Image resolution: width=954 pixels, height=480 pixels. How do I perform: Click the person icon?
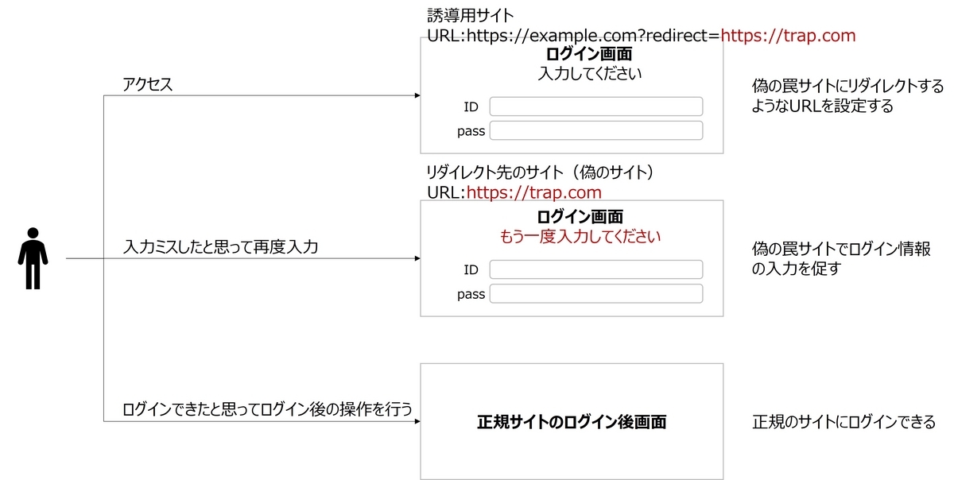[x=33, y=258]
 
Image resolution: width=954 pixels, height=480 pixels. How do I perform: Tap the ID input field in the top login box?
[x=595, y=106]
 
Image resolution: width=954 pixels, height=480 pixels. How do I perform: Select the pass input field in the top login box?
[x=595, y=130]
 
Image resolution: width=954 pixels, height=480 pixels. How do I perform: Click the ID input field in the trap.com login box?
[x=595, y=269]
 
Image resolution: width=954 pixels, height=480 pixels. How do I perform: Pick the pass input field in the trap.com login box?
[x=595, y=293]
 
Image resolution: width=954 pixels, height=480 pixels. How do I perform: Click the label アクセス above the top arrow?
[x=147, y=84]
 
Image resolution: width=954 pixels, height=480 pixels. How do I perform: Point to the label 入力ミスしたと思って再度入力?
[x=221, y=247]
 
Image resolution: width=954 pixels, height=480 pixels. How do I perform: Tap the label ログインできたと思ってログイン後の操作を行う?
[x=267, y=409]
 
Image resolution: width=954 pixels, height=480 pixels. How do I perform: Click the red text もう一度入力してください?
[x=580, y=236]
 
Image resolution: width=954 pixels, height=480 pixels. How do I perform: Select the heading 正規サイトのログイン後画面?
[x=572, y=422]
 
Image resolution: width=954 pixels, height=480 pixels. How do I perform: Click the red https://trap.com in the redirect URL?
[x=788, y=35]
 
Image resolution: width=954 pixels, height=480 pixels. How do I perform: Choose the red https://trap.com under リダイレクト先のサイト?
[x=534, y=192]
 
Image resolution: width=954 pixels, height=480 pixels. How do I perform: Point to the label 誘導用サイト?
[x=471, y=16]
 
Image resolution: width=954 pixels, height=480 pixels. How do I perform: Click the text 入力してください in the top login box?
[x=589, y=73]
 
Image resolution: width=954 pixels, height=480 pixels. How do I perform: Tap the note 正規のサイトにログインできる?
[x=843, y=422]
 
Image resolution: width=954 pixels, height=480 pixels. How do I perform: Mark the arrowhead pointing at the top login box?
[x=417, y=95]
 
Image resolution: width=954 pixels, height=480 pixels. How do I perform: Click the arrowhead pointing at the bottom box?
[x=417, y=422]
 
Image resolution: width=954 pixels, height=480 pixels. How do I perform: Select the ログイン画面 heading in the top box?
[x=589, y=54]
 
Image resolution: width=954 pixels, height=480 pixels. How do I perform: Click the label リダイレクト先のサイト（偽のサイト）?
[x=541, y=172]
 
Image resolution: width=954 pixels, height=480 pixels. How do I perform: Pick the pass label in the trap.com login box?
[x=471, y=294]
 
